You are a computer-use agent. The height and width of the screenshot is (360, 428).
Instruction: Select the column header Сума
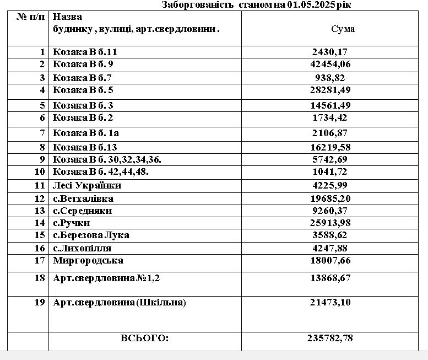click(343, 29)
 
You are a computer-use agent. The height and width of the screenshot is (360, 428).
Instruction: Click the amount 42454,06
click(331, 64)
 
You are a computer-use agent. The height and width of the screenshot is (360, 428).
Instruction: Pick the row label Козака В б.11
click(85, 52)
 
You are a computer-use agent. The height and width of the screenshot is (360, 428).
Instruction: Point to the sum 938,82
click(331, 78)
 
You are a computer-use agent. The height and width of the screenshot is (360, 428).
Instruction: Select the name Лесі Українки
click(87, 185)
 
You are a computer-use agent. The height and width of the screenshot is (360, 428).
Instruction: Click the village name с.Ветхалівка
click(83, 198)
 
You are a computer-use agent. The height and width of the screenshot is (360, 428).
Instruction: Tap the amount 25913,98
click(331, 223)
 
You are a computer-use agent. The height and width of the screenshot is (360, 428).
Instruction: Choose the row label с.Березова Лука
click(91, 235)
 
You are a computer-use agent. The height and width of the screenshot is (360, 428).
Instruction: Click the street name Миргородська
click(88, 260)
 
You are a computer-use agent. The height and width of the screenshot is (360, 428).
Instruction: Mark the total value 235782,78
click(330, 338)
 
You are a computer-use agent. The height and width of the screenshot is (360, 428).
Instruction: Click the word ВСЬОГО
click(144, 338)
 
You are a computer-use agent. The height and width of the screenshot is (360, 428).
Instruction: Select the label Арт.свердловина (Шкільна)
click(120, 302)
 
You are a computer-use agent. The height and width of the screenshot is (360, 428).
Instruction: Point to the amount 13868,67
click(331, 278)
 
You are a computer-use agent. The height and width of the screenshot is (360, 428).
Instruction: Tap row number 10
click(40, 171)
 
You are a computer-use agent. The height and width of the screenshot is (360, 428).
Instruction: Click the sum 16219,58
click(331, 147)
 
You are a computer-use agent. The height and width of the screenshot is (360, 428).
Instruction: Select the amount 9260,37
click(331, 211)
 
